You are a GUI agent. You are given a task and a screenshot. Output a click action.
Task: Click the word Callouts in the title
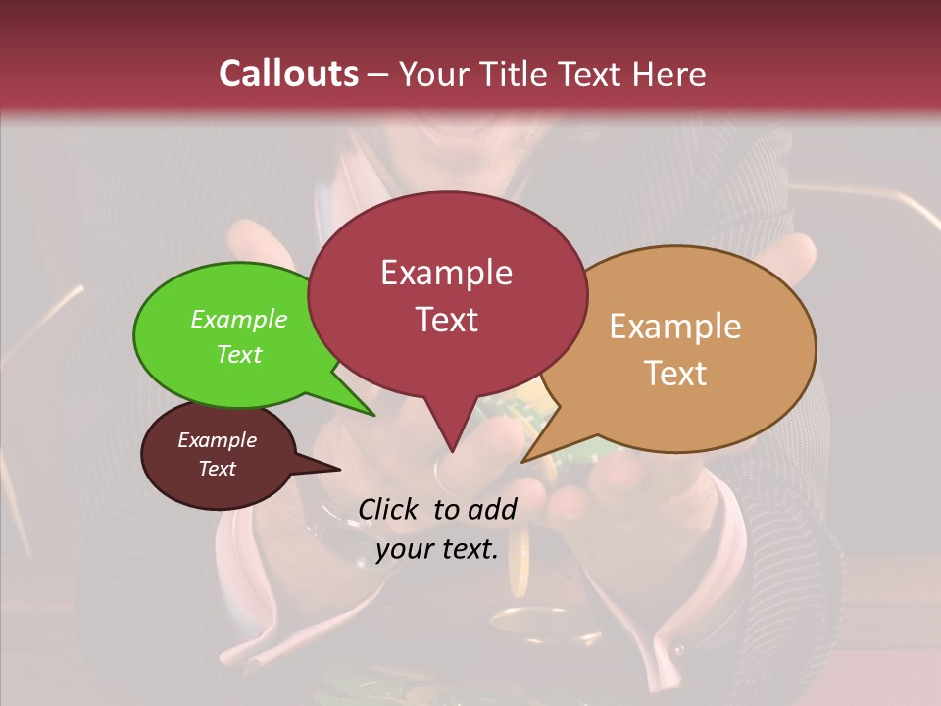[288, 74]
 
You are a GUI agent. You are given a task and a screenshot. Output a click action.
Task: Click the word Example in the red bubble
[446, 273]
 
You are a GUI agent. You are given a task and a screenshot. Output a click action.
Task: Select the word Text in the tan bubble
[675, 374]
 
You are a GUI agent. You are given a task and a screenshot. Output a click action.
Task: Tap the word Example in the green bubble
[239, 320]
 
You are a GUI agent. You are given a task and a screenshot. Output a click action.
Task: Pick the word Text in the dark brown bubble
[218, 469]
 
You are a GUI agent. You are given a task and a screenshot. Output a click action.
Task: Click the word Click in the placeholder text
[389, 509]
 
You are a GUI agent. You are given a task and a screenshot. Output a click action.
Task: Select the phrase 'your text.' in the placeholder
[437, 549]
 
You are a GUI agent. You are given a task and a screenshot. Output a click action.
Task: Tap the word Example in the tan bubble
[675, 327]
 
